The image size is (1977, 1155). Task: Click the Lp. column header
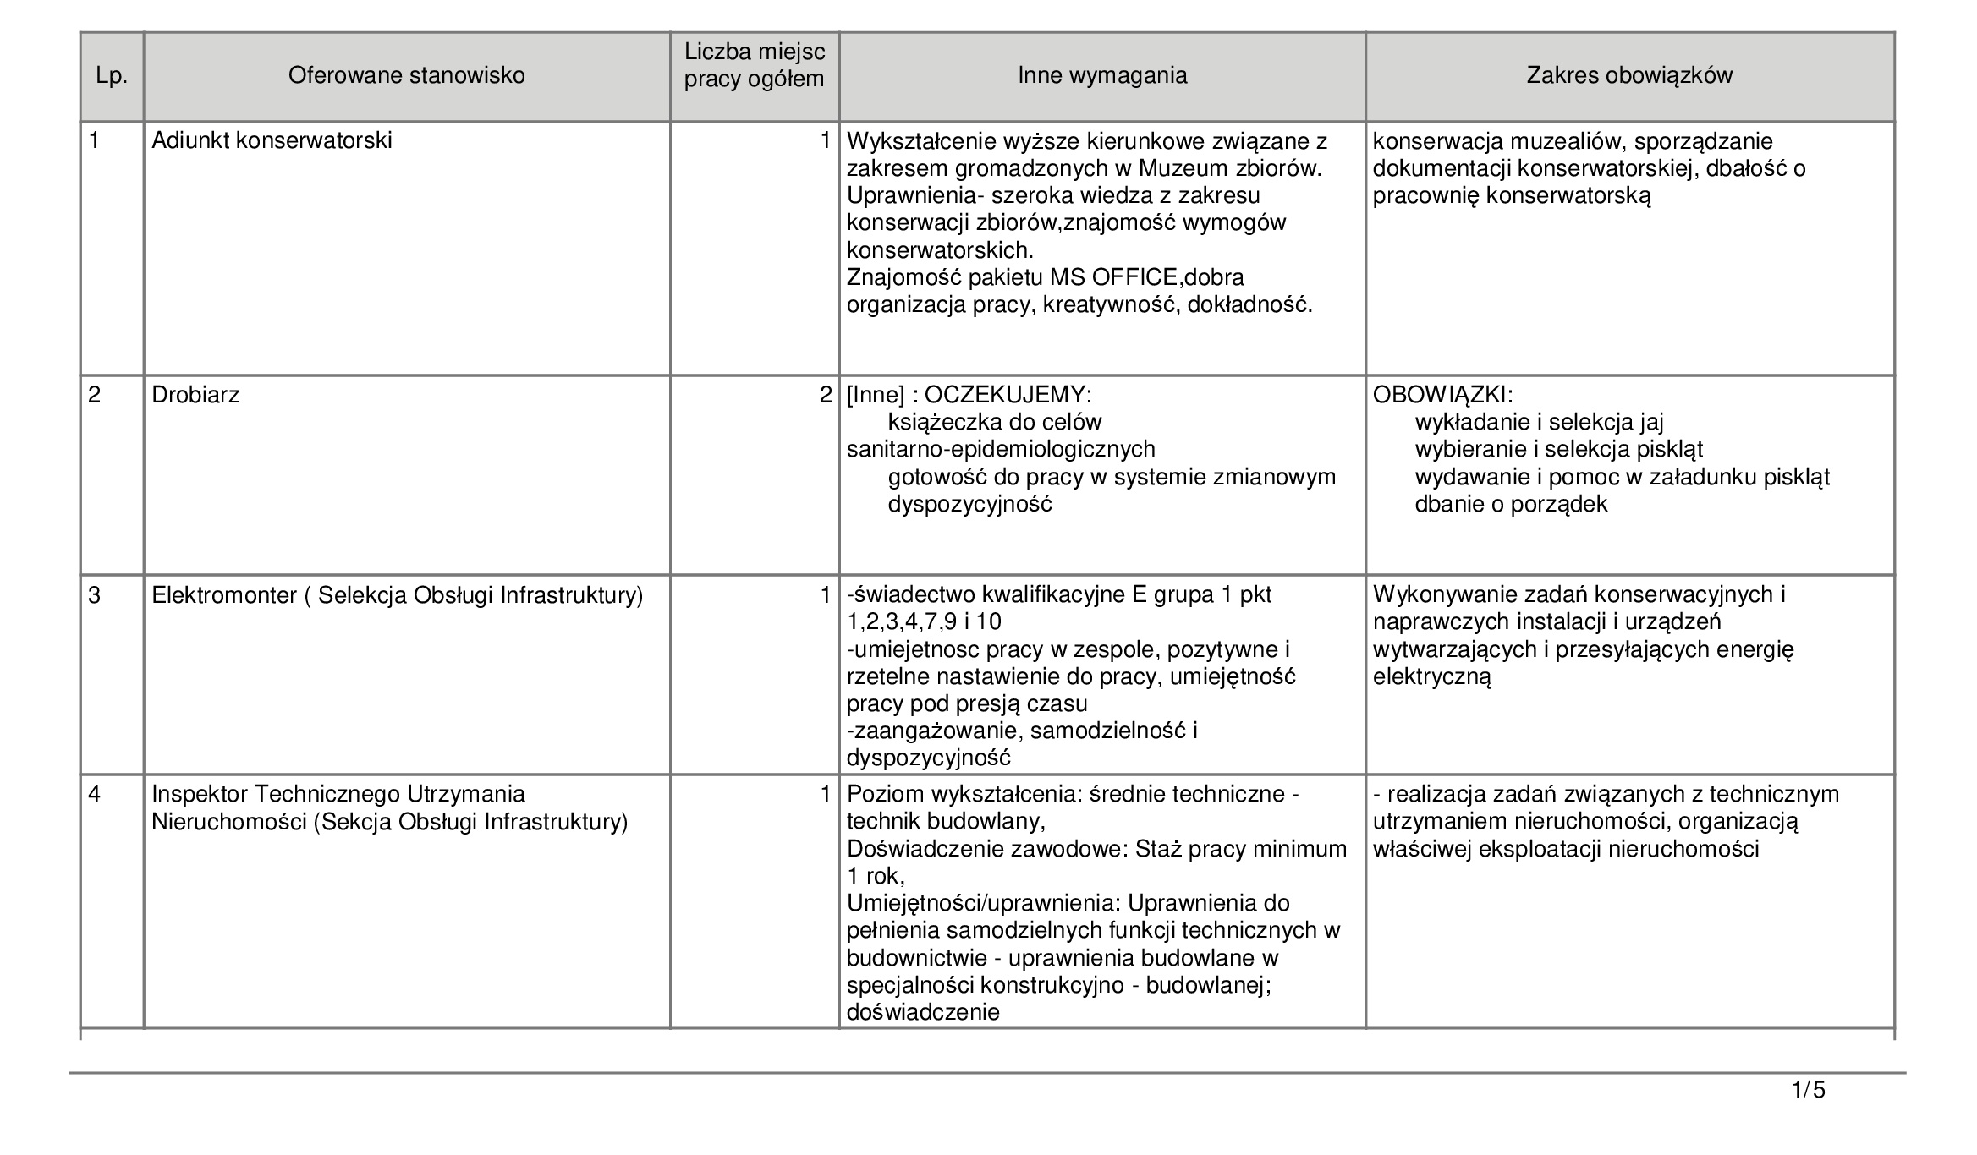pos(112,76)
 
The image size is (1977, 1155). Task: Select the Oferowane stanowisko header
pos(406,76)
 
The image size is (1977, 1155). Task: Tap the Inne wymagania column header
pos(1101,76)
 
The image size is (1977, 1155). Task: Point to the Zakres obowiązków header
pos(1628,76)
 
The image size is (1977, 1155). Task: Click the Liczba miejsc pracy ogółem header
pos(754,66)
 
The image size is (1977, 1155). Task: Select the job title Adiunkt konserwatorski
pos(272,141)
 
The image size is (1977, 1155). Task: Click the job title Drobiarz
pos(195,396)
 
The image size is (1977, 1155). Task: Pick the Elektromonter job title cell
pos(397,596)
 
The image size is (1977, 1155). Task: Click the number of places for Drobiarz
pos(826,396)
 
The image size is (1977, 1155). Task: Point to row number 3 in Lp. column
pos(95,596)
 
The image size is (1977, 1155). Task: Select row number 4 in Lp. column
pos(95,795)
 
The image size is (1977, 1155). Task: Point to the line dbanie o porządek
pos(1511,505)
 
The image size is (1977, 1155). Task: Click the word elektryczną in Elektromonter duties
pos(1431,677)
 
